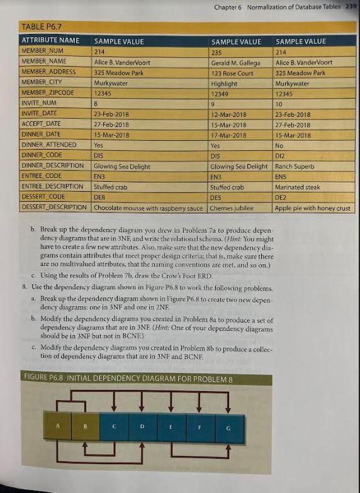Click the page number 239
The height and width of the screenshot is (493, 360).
[x=351, y=6]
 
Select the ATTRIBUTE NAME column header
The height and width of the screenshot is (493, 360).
[x=51, y=41]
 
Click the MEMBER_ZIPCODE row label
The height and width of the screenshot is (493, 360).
[x=48, y=92]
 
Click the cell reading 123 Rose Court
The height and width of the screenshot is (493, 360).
[x=233, y=72]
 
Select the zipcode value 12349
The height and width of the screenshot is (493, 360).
[x=220, y=93]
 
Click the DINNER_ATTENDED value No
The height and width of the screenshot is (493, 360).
[x=280, y=145]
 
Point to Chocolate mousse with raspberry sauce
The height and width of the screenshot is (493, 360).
[x=149, y=208]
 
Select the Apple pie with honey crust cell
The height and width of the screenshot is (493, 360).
[x=312, y=208]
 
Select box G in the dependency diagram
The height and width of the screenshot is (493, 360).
[x=229, y=428]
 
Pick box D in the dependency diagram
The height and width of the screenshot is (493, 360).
[x=143, y=428]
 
